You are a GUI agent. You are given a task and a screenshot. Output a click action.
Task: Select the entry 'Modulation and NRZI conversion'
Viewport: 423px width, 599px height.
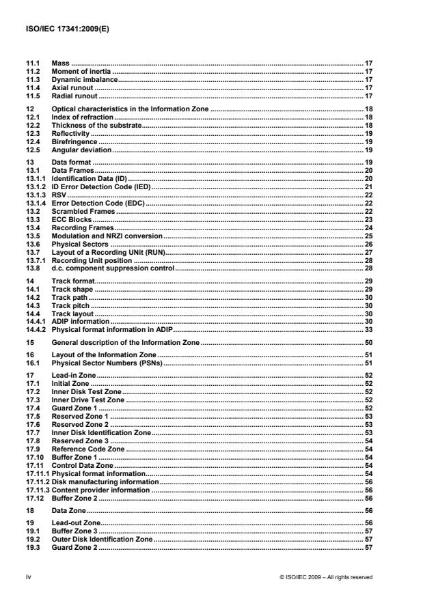click(x=107, y=236)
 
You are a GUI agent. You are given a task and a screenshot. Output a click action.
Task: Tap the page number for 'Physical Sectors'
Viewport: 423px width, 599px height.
click(x=368, y=244)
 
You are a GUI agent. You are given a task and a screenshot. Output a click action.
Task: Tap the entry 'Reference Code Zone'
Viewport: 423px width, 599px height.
click(x=89, y=449)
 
